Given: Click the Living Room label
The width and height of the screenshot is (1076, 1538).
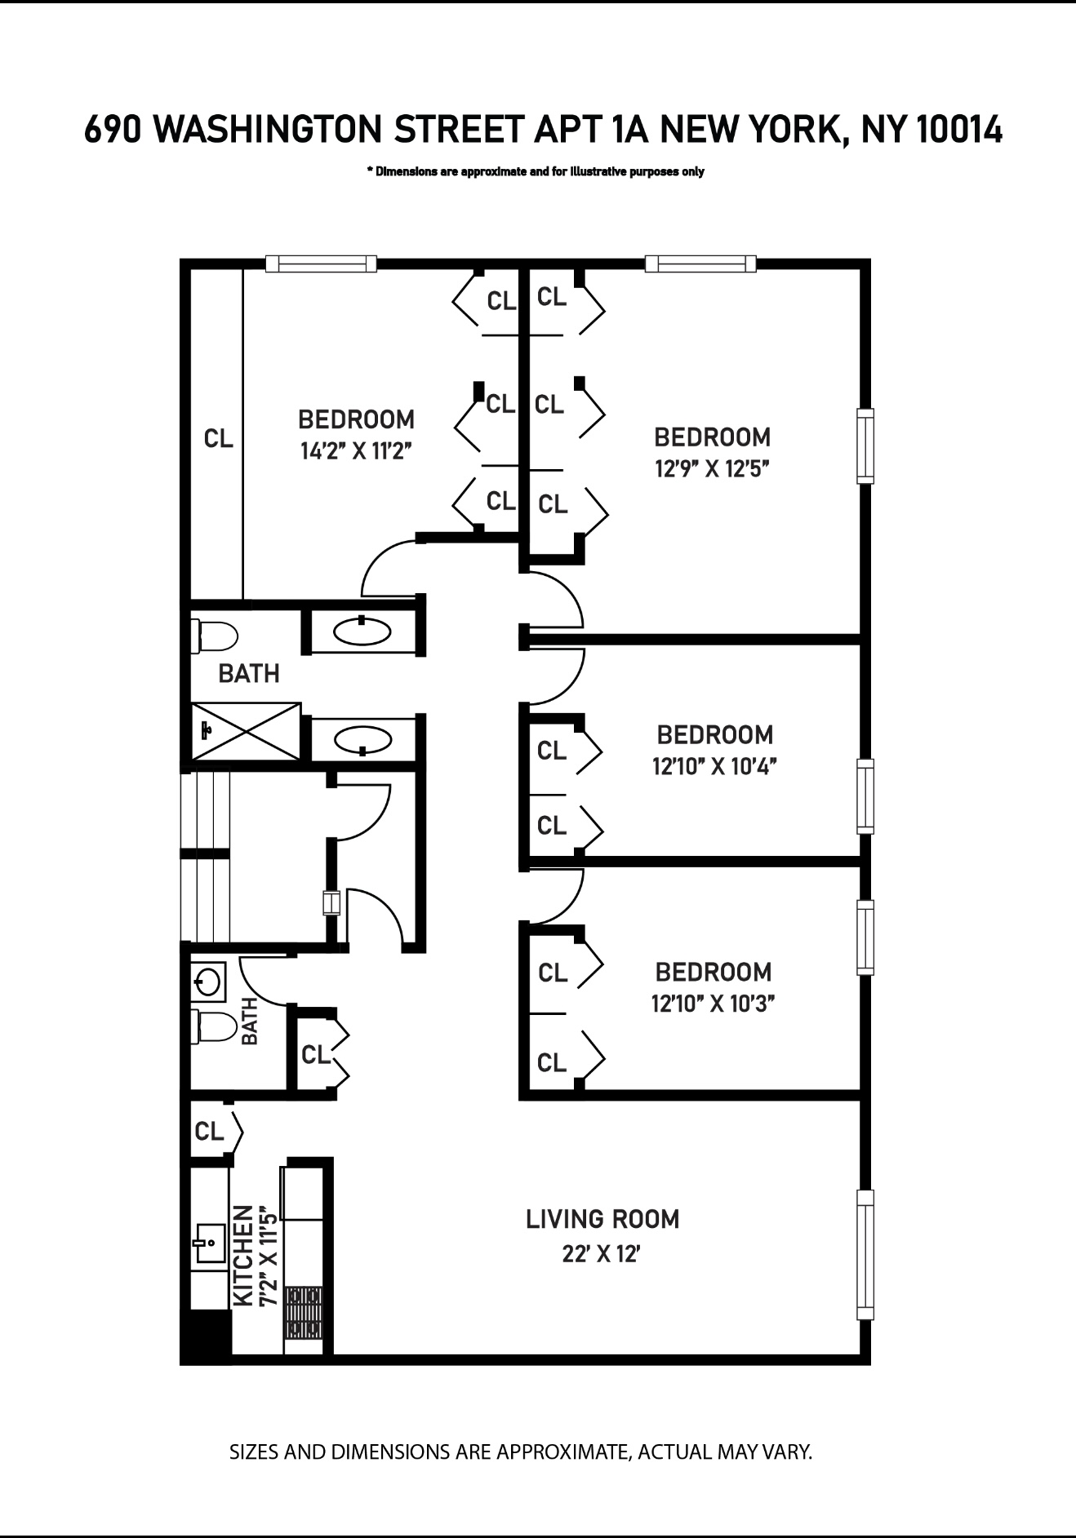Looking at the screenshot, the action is coord(602,1219).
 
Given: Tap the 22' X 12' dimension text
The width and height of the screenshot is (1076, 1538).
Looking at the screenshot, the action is coord(600,1254).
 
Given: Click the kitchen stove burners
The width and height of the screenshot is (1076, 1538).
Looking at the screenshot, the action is coord(305,1313).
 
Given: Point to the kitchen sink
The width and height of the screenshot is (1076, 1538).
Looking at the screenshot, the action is coord(209,1243).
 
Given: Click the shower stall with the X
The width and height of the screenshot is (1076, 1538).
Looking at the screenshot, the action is coord(245,730).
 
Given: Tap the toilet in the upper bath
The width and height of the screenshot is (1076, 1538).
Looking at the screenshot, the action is coord(213,636).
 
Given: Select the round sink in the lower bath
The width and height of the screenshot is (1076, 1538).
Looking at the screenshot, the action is coord(208,982).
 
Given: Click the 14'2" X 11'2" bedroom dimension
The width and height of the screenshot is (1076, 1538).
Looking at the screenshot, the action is coord(355,451).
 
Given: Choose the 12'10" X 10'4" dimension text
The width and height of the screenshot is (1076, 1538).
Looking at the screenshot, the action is coord(714,767).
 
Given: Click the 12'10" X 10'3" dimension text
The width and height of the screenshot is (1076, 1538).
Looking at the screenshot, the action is coord(713,1004).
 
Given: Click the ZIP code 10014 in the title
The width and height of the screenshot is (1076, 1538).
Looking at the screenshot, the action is coord(959,130).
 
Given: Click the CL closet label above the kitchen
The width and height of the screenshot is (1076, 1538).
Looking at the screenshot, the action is coord(209,1132).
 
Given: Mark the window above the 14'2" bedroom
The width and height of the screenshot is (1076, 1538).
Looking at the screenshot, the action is coord(321,263).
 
